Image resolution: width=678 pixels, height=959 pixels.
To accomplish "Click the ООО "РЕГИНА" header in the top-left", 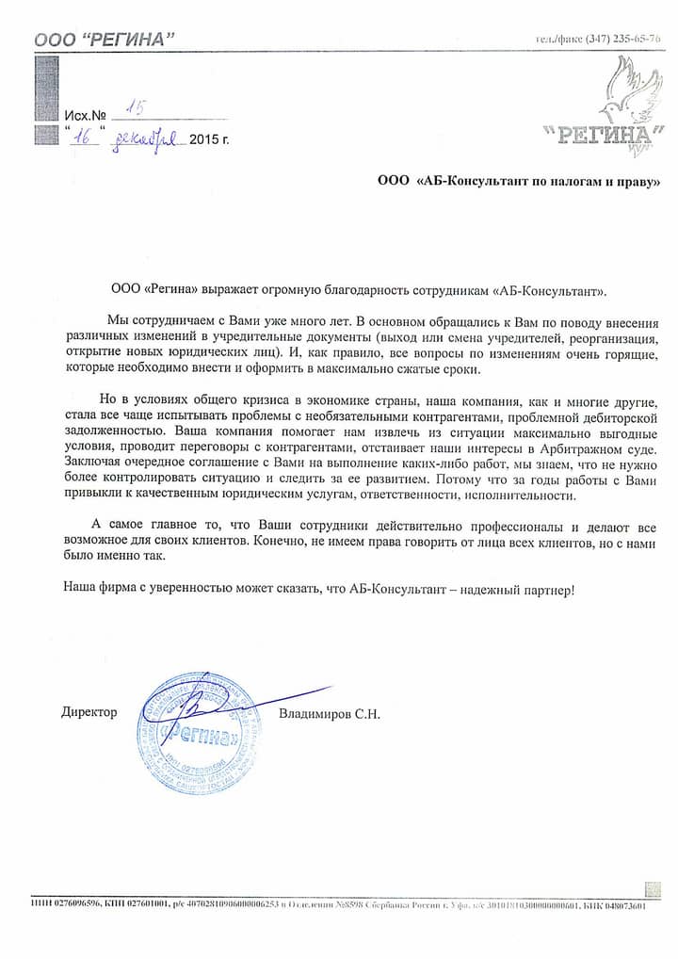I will pyautogui.click(x=105, y=39).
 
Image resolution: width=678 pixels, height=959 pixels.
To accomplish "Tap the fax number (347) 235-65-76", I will pyautogui.click(x=622, y=39).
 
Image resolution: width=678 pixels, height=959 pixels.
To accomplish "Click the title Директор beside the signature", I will pyautogui.click(x=89, y=712).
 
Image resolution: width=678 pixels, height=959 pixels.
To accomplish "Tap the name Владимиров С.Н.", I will pyautogui.click(x=330, y=714).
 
